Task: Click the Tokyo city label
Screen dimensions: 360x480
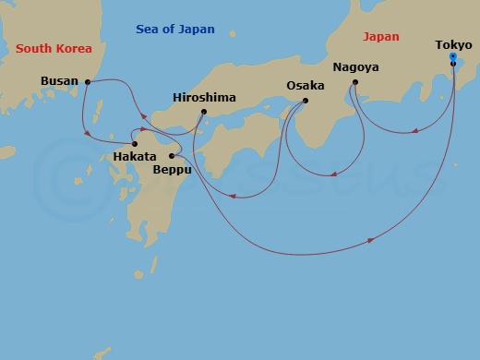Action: click(x=452, y=43)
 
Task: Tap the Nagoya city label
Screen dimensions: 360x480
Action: click(x=355, y=67)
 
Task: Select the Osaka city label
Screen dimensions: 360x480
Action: click(x=305, y=86)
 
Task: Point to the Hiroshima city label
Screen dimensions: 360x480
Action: click(x=204, y=97)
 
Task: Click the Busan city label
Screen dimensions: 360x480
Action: click(x=59, y=81)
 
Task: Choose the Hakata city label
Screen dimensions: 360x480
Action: click(x=136, y=158)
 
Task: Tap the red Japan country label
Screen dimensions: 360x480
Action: click(x=381, y=37)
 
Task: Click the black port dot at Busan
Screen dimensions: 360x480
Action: click(x=87, y=82)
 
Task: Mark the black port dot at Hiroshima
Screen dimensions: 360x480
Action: click(x=204, y=113)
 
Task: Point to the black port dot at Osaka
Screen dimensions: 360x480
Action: click(x=306, y=101)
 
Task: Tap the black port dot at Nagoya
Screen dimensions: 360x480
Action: click(x=355, y=83)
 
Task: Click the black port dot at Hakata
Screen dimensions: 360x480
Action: click(x=135, y=144)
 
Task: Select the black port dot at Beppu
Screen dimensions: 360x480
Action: click(x=172, y=156)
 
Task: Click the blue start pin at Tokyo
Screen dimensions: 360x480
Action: click(x=452, y=58)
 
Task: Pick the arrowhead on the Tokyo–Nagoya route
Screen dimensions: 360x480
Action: click(x=415, y=130)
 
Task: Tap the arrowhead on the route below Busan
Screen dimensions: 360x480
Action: click(x=88, y=135)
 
